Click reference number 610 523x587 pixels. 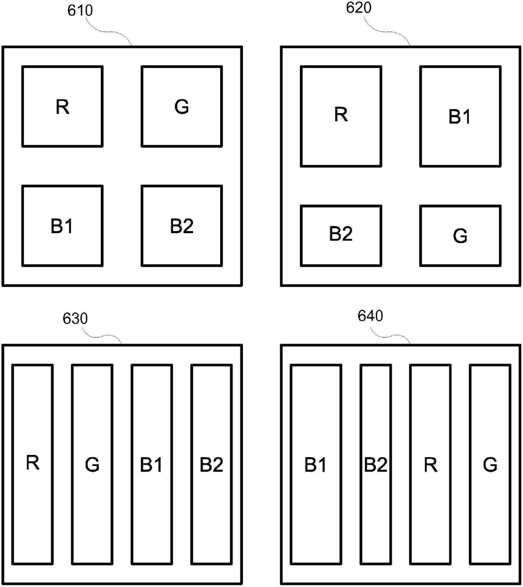[x=80, y=11]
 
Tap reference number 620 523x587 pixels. [x=359, y=8]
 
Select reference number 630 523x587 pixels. [x=75, y=318]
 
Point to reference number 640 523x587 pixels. [x=370, y=316]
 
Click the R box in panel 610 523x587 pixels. [x=62, y=106]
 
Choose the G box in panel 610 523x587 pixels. [x=182, y=106]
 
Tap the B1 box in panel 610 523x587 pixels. [x=62, y=226]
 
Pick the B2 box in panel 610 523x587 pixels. [x=182, y=226]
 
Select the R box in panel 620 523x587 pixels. [x=341, y=116]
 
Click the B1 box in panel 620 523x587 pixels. [x=460, y=116]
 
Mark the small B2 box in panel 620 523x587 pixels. [x=341, y=236]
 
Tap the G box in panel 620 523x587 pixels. [x=460, y=236]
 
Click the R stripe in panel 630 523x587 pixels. [x=32, y=464]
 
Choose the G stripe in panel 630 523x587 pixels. [x=92, y=464]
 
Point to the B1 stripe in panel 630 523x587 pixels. [x=152, y=464]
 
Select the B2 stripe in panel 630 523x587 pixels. [x=211, y=464]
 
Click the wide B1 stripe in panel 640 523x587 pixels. [x=315, y=464]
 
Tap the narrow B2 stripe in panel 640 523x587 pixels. [x=375, y=464]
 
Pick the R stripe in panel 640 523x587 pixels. [x=430, y=464]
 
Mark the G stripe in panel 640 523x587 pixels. [x=490, y=464]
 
